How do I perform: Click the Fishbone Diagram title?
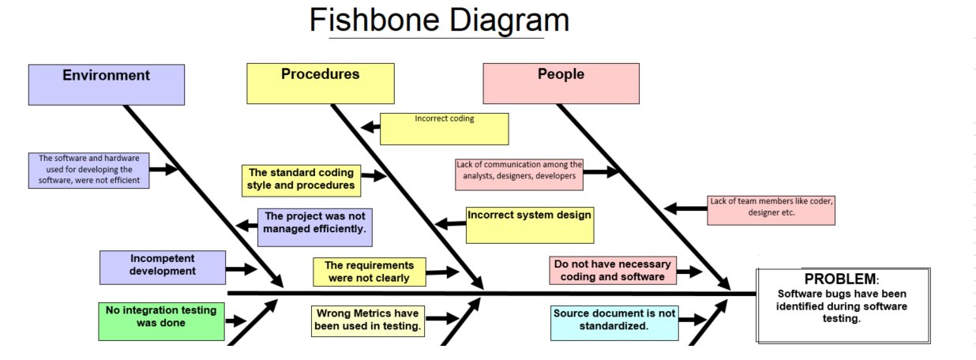438,20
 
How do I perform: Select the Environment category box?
106,84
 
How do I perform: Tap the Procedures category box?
320,84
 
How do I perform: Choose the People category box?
561,84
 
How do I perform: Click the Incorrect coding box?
444,129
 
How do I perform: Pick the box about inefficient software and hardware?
89,170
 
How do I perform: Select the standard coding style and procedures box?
301,180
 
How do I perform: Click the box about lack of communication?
519,174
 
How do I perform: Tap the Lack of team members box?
771,210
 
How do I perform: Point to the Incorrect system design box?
528,225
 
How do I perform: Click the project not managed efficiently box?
315,227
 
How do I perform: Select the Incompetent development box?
163,267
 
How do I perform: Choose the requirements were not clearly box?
369,272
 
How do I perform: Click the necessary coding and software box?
613,270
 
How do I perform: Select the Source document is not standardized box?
614,323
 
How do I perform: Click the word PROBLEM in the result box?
840,279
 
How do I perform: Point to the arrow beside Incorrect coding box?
370,127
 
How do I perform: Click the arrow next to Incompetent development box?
241,269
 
